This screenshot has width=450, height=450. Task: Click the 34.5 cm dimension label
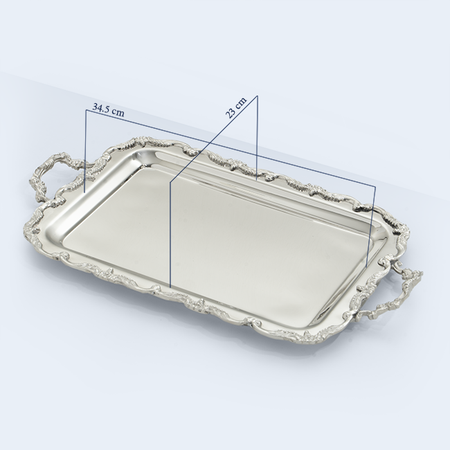click(x=108, y=109)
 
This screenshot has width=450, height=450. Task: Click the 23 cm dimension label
click(x=236, y=108)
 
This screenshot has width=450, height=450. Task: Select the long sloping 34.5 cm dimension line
click(x=231, y=148)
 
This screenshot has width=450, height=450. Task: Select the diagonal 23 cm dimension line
click(x=213, y=138)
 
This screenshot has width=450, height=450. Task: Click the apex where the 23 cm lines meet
click(x=257, y=96)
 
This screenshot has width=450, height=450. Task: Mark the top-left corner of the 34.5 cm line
click(x=86, y=110)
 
